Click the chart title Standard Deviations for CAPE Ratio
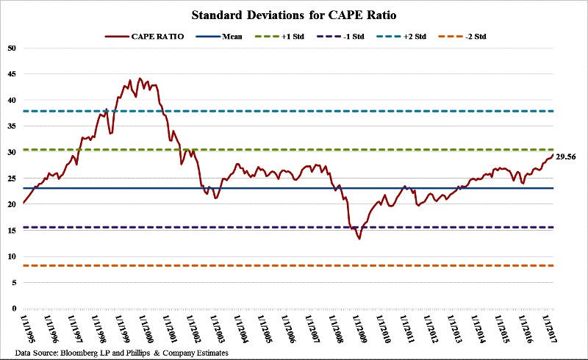coord(294,14)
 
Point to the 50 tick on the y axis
coord(11,48)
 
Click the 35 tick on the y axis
coord(11,126)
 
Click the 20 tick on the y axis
coord(11,204)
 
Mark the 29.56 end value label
coord(566,157)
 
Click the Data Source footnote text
coord(118,353)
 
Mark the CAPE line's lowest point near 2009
coord(359,239)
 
